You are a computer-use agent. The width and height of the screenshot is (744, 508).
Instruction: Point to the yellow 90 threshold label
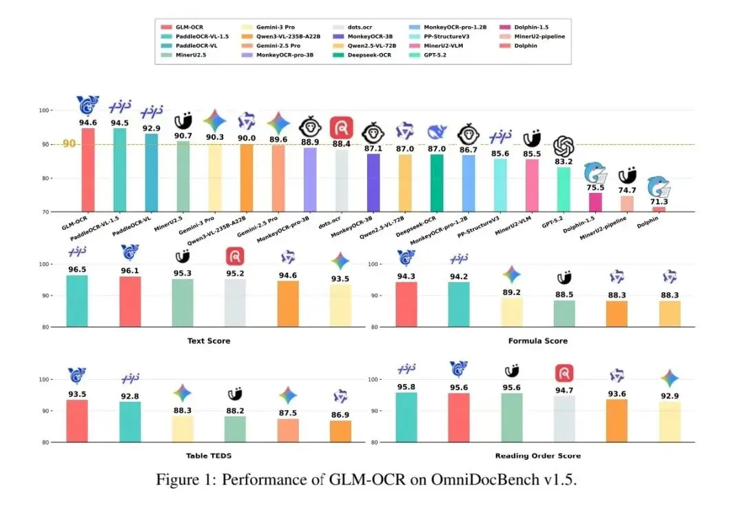69,144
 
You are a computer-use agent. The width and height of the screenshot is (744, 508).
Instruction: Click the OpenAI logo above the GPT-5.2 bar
564,146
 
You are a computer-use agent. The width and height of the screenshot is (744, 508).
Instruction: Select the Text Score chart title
209,341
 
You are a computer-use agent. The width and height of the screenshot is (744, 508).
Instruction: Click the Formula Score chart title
537,341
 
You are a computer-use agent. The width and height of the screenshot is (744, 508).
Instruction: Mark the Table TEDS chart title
209,456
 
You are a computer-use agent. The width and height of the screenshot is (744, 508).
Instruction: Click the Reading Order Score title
537,456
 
